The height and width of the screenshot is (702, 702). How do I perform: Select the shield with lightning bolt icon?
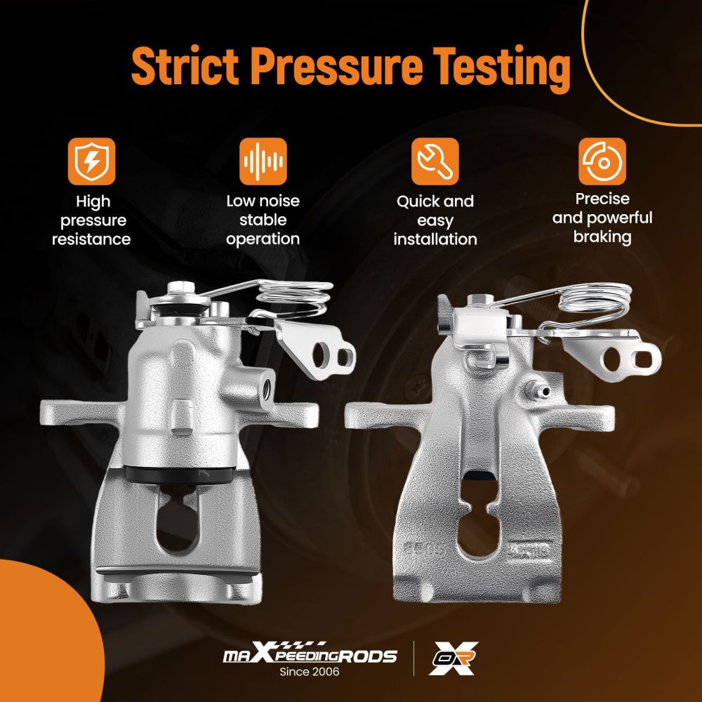click(91, 161)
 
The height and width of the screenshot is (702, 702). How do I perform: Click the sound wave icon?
click(263, 161)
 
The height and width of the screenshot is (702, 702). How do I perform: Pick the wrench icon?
click(435, 161)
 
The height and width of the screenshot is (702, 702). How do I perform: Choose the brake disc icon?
click(602, 161)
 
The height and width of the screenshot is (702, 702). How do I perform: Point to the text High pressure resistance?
click(91, 220)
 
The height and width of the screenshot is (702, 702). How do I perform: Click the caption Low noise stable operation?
click(263, 220)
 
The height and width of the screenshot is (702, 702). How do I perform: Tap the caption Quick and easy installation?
click(435, 220)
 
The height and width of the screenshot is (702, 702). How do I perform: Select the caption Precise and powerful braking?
click(602, 218)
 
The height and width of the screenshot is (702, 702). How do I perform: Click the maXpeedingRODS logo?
click(310, 654)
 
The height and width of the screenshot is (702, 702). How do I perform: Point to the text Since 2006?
click(310, 672)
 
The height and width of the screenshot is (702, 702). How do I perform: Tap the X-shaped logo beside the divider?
click(453, 658)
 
